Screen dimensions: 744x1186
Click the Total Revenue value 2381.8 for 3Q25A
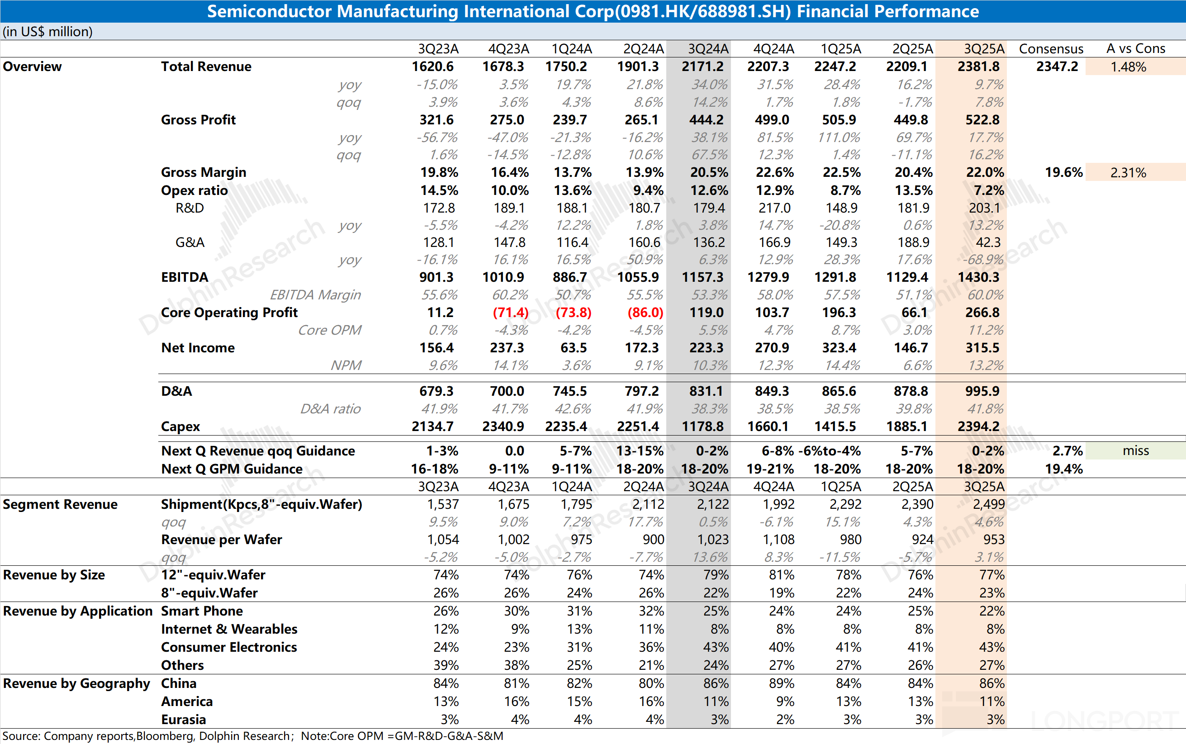978,66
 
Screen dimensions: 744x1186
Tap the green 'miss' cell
1135,451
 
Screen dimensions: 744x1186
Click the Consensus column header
1051,49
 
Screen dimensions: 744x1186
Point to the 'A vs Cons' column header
1135,49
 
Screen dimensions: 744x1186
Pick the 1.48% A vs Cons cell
1128,67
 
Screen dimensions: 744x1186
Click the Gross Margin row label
203,172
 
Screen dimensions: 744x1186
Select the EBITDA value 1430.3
978,277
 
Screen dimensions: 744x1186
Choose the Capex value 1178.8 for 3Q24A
702,426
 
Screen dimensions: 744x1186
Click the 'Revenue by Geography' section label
76,683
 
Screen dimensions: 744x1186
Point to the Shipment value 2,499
988,504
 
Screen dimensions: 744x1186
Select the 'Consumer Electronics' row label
229,647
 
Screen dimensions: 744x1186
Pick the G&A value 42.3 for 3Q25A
988,242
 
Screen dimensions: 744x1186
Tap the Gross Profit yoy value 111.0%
839,137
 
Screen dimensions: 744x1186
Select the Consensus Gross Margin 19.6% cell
1063,173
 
